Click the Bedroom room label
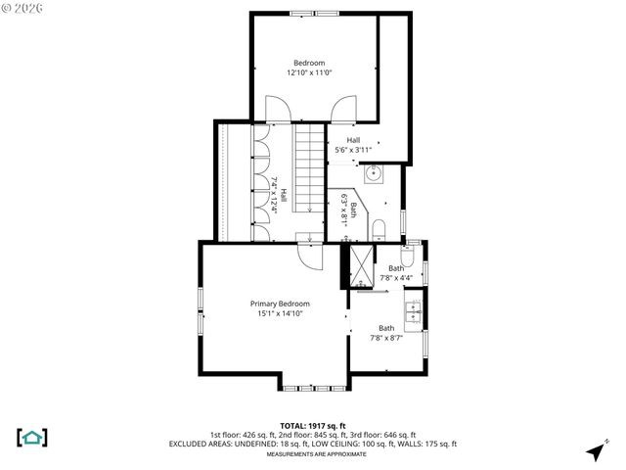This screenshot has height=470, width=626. (x=309, y=63)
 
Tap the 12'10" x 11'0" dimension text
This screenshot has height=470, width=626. (x=309, y=72)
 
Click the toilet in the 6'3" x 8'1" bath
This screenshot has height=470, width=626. (x=379, y=229)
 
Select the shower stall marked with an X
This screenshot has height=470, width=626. (x=360, y=265)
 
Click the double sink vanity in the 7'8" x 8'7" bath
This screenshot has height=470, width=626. (x=415, y=312)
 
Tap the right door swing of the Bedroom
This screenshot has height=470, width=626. (x=343, y=110)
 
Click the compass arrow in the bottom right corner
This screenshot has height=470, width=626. (x=593, y=451)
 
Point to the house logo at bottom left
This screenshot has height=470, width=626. (x=32, y=437)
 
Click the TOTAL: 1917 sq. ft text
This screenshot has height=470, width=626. (x=312, y=425)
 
